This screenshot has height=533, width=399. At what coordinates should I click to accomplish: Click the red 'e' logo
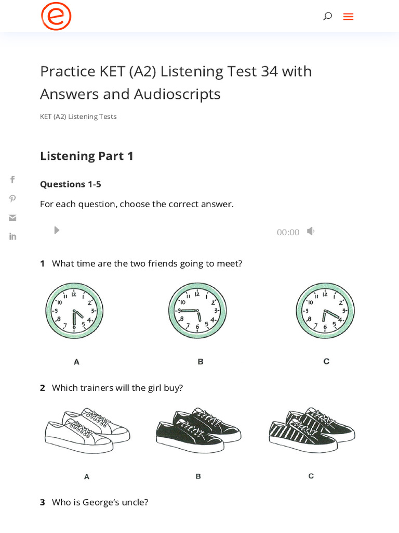pyautogui.click(x=56, y=16)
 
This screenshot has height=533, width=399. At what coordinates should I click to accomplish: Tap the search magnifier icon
pyautogui.click(x=327, y=16)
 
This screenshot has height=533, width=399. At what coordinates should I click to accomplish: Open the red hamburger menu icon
pyautogui.click(x=348, y=17)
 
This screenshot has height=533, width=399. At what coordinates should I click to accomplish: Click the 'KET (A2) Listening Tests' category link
pyautogui.click(x=78, y=117)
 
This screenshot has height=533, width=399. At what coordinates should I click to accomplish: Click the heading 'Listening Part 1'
pyautogui.click(x=87, y=156)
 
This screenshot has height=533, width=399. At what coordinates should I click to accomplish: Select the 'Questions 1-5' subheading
pyautogui.click(x=71, y=184)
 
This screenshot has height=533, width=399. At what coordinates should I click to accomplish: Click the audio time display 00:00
pyautogui.click(x=288, y=232)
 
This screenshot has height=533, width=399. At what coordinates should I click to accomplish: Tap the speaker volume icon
pyautogui.click(x=311, y=231)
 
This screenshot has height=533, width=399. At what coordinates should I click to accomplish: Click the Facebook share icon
pyautogui.click(x=12, y=180)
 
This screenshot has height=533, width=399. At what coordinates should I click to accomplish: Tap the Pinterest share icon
pyautogui.click(x=12, y=198)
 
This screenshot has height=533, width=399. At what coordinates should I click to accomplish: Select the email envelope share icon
pyautogui.click(x=12, y=218)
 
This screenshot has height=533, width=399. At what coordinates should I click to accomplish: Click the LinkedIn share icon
pyautogui.click(x=12, y=236)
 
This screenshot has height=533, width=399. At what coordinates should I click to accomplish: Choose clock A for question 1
pyautogui.click(x=74, y=311)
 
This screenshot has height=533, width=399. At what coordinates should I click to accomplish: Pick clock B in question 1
pyautogui.click(x=197, y=311)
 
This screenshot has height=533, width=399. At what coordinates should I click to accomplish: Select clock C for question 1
pyautogui.click(x=325, y=311)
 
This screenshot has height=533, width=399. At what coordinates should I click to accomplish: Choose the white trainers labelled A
pyautogui.click(x=87, y=430)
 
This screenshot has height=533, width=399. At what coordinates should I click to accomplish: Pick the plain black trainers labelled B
pyautogui.click(x=198, y=430)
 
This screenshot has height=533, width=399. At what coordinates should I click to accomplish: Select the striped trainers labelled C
pyautogui.click(x=312, y=430)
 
